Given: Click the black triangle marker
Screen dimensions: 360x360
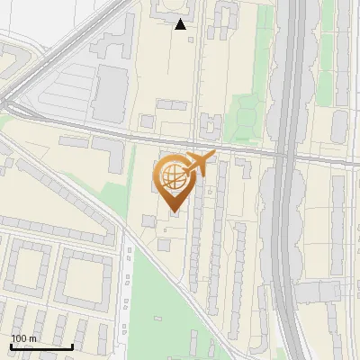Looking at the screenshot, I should click(181, 25).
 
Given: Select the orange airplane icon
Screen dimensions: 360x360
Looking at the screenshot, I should click(199, 164).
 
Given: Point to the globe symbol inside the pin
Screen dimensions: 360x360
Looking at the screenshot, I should click(171, 175).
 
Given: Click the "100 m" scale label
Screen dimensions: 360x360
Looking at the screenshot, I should click(23, 338).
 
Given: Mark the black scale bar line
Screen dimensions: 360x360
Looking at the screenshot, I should click(41, 346).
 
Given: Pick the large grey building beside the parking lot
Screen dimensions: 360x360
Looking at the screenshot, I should click(110, 92).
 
